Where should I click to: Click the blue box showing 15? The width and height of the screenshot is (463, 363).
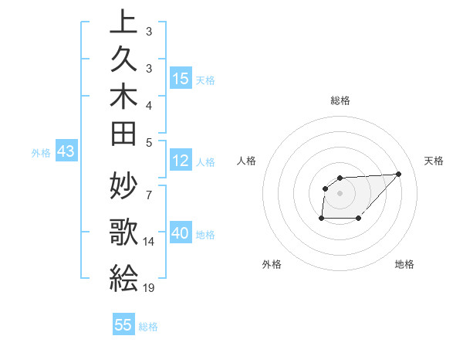click(x=181, y=78)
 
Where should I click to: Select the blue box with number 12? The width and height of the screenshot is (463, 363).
click(x=181, y=161)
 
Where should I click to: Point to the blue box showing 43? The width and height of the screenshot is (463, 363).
click(x=66, y=152)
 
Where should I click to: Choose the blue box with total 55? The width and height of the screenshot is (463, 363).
click(x=123, y=325)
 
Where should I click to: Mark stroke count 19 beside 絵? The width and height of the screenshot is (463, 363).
click(x=150, y=287)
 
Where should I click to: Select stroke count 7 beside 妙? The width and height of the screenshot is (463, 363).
click(x=148, y=193)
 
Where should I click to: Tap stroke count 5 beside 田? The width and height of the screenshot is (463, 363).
click(x=148, y=141)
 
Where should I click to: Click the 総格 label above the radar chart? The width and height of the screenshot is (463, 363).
click(x=340, y=100)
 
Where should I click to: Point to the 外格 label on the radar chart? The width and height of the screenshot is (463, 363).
click(x=272, y=264)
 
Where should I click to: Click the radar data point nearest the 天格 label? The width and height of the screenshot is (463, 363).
click(x=398, y=174)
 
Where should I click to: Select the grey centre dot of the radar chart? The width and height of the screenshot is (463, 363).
click(x=340, y=192)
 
